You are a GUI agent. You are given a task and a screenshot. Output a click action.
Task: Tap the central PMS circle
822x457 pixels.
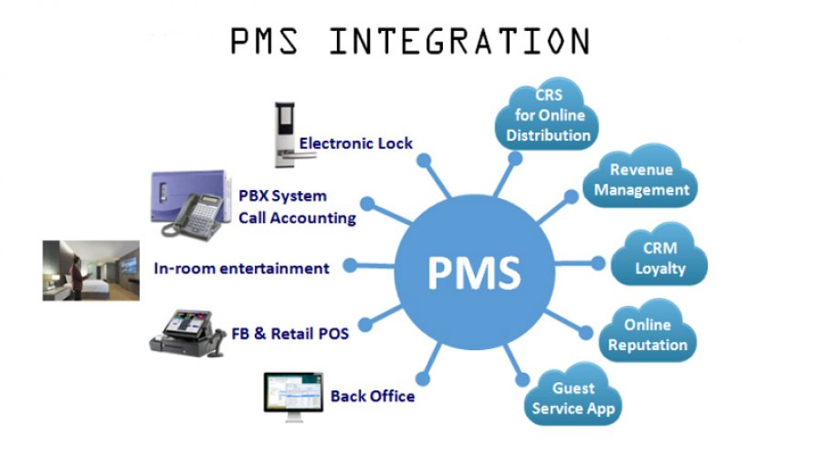pos(475,271)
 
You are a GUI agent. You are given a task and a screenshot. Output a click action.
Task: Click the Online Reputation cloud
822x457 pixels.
pos(648,335)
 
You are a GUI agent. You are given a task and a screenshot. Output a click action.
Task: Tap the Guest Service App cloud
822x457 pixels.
pos(574,399)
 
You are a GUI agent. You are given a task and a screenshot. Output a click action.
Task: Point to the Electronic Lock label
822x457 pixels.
pos(356,143)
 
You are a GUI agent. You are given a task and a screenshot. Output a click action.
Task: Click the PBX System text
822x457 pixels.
pos(282,196)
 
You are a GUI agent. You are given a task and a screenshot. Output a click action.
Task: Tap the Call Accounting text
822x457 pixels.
pos(297,218)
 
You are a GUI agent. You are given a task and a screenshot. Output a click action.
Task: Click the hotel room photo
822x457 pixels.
pos(91,270)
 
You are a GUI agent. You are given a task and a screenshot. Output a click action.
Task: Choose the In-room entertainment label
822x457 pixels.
pos(242,268)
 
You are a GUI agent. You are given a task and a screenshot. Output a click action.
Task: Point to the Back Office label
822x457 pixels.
pos(373,396)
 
